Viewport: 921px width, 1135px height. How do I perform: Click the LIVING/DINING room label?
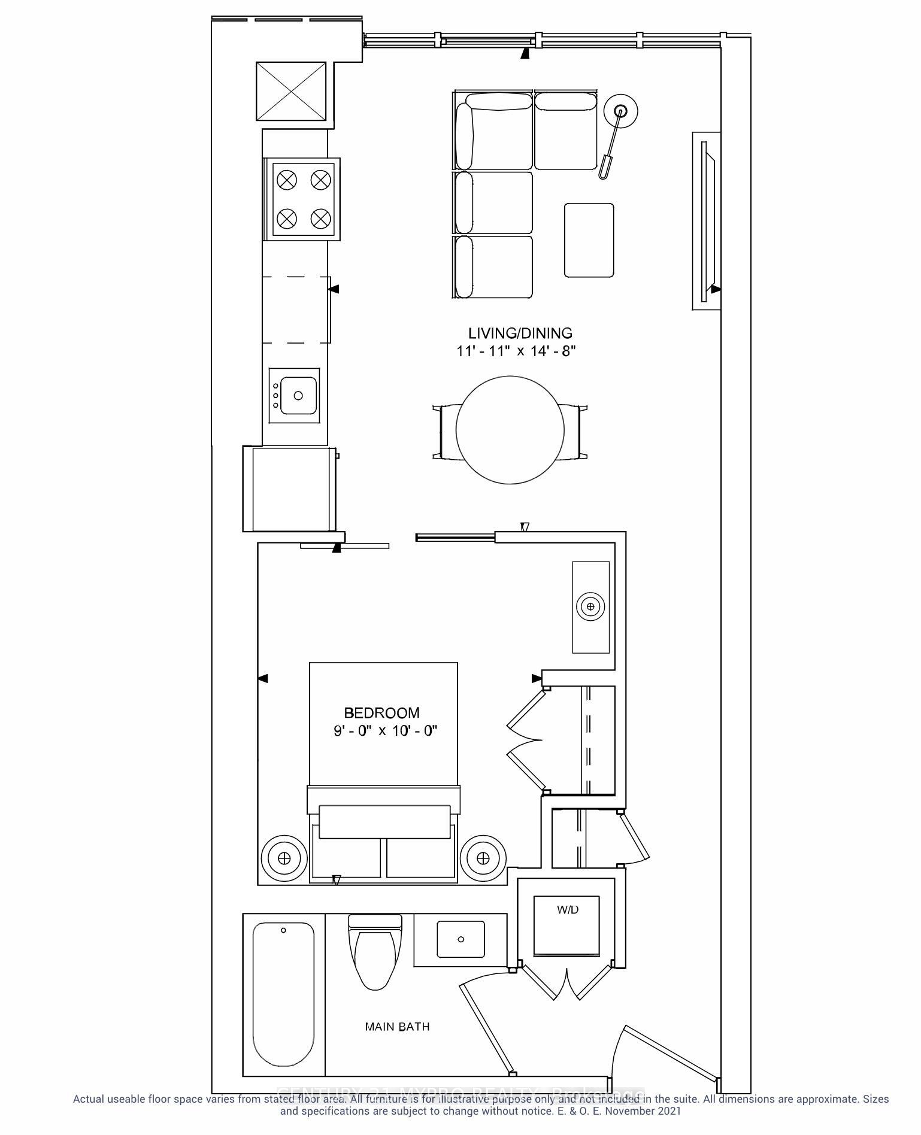pyautogui.click(x=519, y=333)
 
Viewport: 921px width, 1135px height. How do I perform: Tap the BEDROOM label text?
pyautogui.click(x=381, y=712)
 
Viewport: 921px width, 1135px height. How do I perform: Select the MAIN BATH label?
pyautogui.click(x=397, y=1027)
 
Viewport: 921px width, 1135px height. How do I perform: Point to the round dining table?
pyautogui.click(x=510, y=430)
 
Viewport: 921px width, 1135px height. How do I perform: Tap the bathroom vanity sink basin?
pyautogui.click(x=460, y=939)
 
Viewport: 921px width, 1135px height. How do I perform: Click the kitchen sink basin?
pyautogui.click(x=298, y=396)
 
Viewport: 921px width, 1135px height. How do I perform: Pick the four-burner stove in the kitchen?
pyautogui.click(x=304, y=199)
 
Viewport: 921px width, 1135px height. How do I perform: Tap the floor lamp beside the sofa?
pyautogui.click(x=620, y=112)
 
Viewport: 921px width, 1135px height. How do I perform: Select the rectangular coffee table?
pyautogui.click(x=589, y=240)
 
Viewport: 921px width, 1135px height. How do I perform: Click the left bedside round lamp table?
pyautogui.click(x=284, y=858)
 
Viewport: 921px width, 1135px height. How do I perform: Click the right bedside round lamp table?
pyautogui.click(x=483, y=858)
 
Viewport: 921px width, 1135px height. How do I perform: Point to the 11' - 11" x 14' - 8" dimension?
pyautogui.click(x=516, y=351)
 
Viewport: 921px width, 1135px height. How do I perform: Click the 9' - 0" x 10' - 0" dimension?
pyautogui.click(x=386, y=731)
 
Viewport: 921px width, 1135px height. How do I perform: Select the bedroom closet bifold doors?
pyautogui.click(x=527, y=740)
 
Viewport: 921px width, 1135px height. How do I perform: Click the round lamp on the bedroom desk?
pyautogui.click(x=591, y=606)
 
